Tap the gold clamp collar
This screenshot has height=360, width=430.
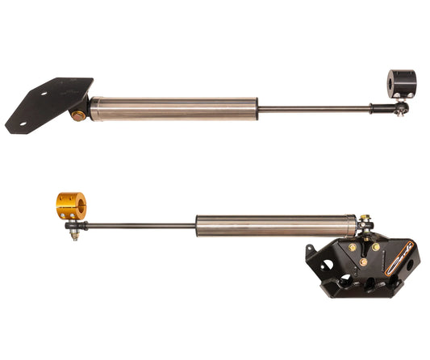pos(69,206)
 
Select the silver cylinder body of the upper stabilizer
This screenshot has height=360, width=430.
pos(173,108)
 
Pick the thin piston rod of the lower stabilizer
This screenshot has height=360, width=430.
pos(137,226)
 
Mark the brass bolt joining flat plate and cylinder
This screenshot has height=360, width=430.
pos(78,115)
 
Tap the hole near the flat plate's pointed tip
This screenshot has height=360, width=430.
pos(24,123)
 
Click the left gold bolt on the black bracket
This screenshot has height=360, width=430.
pos(352,247)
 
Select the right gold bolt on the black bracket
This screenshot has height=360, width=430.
pos(375,246)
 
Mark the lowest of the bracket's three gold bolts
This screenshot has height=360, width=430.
pos(363,262)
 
